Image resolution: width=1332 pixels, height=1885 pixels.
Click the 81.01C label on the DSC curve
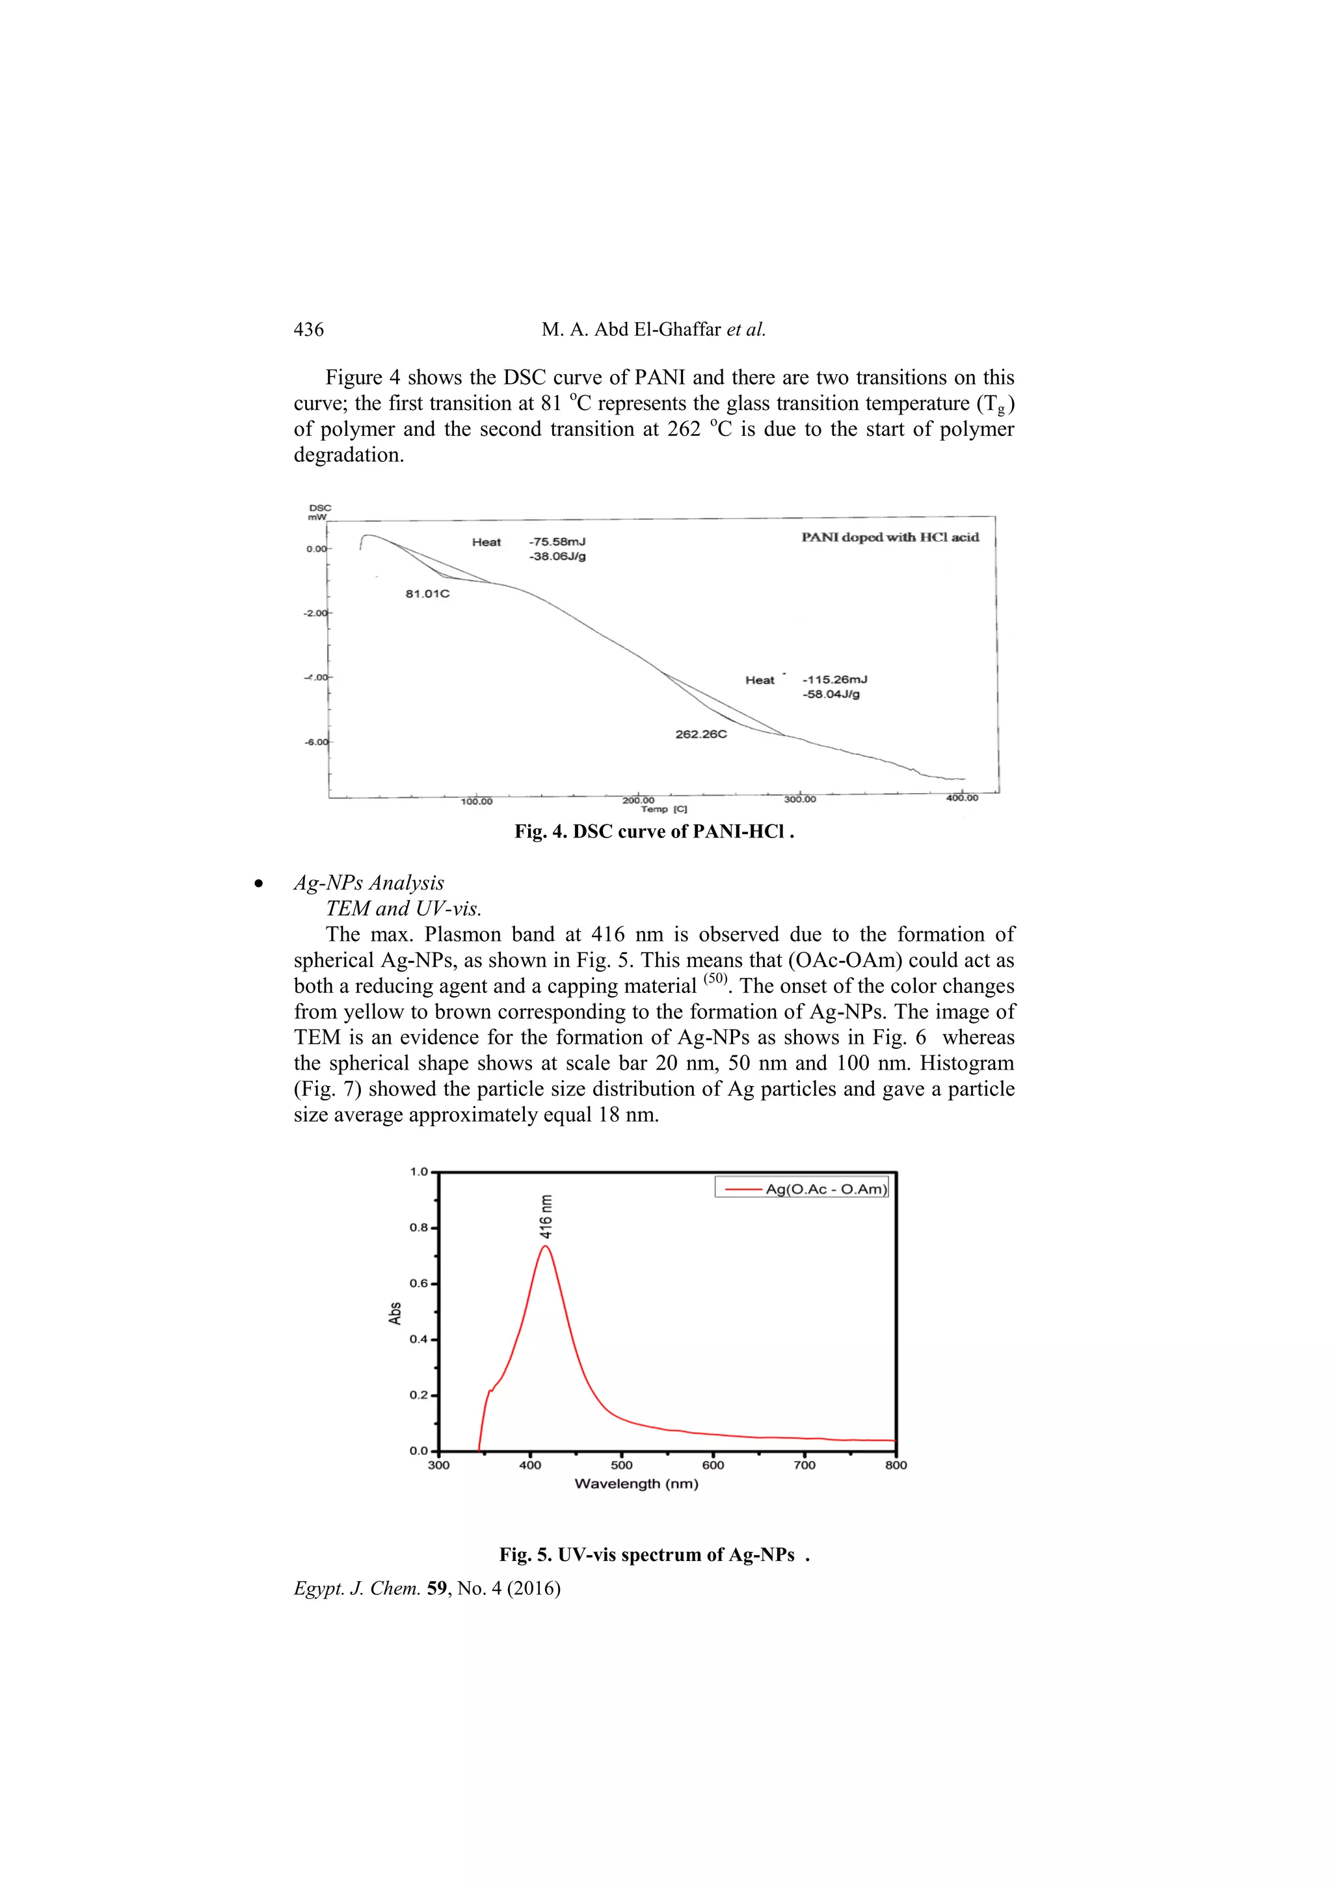point(427,593)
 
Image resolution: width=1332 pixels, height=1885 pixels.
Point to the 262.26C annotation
point(701,734)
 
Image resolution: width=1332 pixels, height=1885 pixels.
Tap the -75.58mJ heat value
point(557,542)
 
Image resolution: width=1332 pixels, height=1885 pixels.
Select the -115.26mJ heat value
point(834,680)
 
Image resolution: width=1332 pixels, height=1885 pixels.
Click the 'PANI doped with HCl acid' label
point(890,537)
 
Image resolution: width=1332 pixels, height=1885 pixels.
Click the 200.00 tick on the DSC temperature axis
point(639,800)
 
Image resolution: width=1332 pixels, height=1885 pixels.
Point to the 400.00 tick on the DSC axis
point(962,798)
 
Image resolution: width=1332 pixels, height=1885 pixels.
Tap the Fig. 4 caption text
point(654,832)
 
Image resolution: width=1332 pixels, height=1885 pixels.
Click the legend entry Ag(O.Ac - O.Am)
point(825,1189)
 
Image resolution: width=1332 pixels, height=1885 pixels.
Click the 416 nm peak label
point(546,1216)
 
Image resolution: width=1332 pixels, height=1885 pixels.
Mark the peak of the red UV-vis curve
point(545,1246)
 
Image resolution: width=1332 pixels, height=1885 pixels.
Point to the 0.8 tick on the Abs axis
point(419,1228)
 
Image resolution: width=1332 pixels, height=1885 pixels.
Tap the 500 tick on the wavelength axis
point(621,1465)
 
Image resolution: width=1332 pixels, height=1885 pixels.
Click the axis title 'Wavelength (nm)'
point(636,1484)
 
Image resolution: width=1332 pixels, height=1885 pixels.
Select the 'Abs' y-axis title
point(395,1314)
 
